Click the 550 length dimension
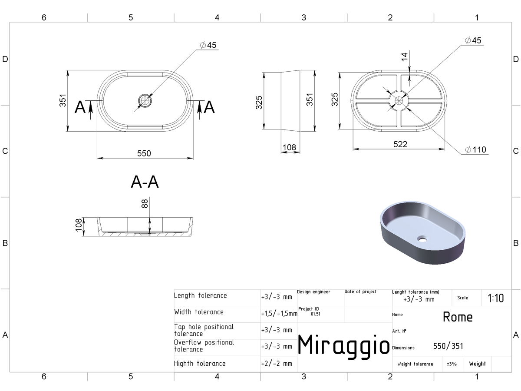pos(144,153)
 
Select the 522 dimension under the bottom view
pos(400,144)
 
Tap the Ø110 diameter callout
pos(476,150)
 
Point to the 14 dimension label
pos(404,57)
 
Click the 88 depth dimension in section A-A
pos(145,204)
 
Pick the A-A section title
pos(145,182)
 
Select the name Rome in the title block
pos(458,317)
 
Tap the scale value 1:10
pos(496,298)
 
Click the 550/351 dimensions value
pos(448,346)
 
